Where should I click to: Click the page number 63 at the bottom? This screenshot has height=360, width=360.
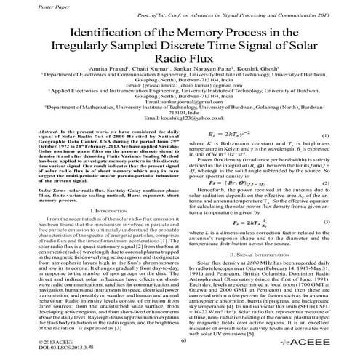coord(184,340)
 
